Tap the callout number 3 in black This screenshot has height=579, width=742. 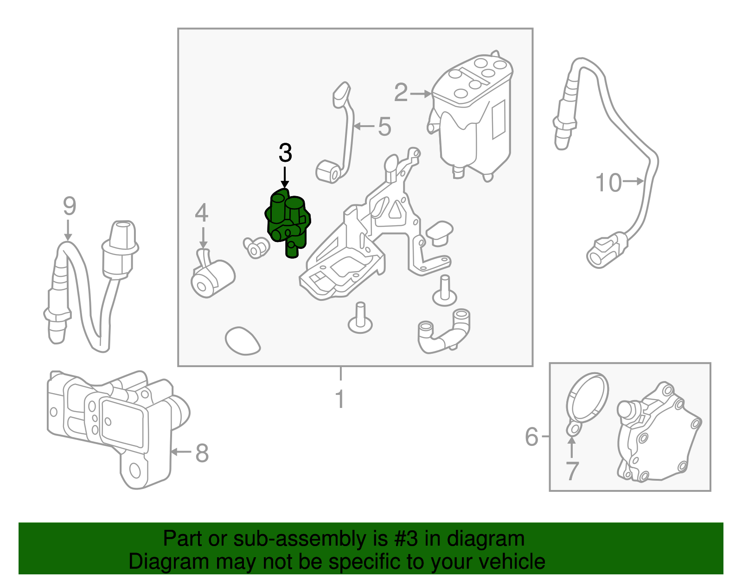[x=285, y=153]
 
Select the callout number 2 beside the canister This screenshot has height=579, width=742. [x=401, y=93]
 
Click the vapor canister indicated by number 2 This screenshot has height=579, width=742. [x=473, y=116]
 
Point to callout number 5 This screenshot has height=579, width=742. [x=384, y=127]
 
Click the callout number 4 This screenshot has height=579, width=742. [x=201, y=213]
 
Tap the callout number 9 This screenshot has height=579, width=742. [x=69, y=206]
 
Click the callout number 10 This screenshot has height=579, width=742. [x=608, y=183]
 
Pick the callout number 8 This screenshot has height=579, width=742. [x=202, y=453]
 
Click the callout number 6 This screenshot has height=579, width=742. [x=531, y=437]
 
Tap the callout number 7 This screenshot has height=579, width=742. [x=572, y=471]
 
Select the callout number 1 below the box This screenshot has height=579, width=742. [x=340, y=399]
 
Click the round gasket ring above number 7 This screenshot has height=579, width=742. [x=587, y=399]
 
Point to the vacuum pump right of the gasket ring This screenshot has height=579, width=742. [x=659, y=436]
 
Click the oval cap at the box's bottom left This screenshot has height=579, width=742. [x=242, y=341]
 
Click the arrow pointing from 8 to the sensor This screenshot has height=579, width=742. [x=181, y=452]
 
